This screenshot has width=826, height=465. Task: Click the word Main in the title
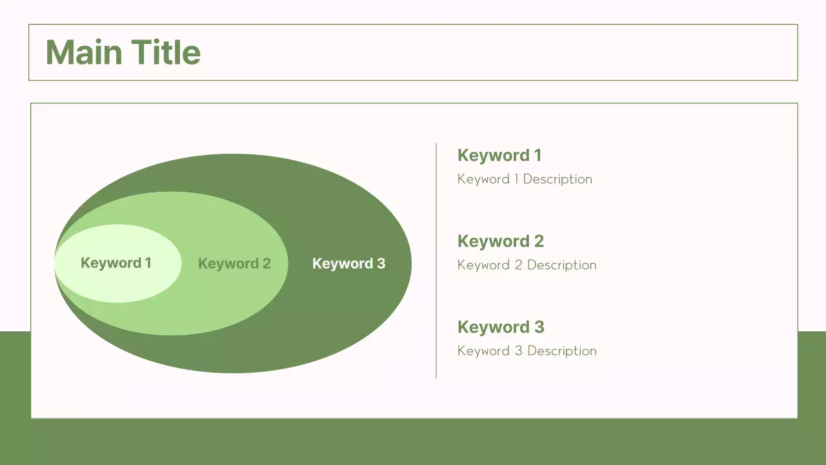(x=84, y=52)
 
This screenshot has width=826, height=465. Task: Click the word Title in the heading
(x=165, y=52)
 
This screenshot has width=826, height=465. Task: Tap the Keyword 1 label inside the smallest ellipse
(x=116, y=263)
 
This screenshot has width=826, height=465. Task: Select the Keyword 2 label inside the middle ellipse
(x=234, y=263)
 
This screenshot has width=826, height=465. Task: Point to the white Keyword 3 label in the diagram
(x=348, y=263)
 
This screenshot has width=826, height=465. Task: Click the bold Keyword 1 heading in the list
(x=499, y=155)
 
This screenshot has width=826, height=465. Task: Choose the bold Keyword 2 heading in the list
(x=500, y=241)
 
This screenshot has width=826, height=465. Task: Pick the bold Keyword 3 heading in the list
(x=500, y=327)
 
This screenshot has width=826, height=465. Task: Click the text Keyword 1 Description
(x=524, y=179)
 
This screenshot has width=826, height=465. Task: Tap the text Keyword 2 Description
(x=527, y=265)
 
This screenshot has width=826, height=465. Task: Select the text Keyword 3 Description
(x=527, y=351)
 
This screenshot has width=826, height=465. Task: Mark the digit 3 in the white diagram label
(x=381, y=263)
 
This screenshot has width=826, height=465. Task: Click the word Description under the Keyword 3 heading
(x=561, y=351)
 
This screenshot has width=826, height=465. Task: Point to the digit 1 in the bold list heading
(x=538, y=155)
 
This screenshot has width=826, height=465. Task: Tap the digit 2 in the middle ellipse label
(x=266, y=263)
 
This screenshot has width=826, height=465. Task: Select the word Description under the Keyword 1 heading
(x=557, y=179)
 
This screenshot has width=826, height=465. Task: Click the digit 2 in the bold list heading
(x=539, y=241)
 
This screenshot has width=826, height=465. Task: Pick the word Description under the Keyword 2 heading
(x=561, y=265)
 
